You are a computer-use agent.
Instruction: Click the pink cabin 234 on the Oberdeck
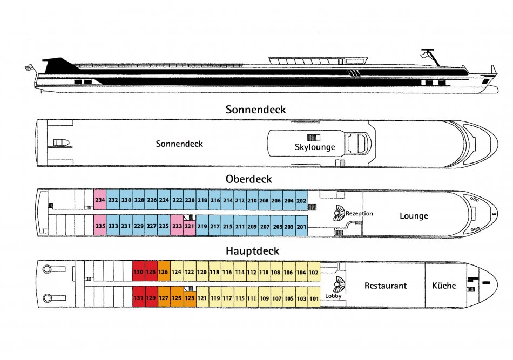pos(100,200)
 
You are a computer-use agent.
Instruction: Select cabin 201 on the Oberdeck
pos(301,226)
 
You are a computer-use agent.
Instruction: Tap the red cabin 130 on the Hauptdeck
pos(138,271)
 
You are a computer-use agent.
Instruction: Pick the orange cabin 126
pos(164,271)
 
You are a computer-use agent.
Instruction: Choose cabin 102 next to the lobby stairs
pos(314,271)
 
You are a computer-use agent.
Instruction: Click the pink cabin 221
pos(190,227)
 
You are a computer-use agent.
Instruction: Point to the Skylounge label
pos(315,147)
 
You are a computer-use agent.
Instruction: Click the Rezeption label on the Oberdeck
pos(359,214)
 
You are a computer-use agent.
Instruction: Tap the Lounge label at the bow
pos(414,216)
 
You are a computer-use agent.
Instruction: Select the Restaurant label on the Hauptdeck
pos(386,286)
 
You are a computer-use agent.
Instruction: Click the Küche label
pos(444,286)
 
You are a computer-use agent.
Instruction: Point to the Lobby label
pos(333,296)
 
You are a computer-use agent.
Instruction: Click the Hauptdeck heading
pos(252,251)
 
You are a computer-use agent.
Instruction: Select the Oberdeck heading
pos(248,179)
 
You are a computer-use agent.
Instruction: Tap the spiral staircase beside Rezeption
pos(339,213)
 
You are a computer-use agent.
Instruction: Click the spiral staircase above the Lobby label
pos(339,284)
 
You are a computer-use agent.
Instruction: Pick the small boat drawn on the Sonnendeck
pos(61,142)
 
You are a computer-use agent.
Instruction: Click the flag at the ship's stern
pos(30,67)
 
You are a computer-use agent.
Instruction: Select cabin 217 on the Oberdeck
pos(214,226)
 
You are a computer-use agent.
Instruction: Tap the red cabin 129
pos(151,297)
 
